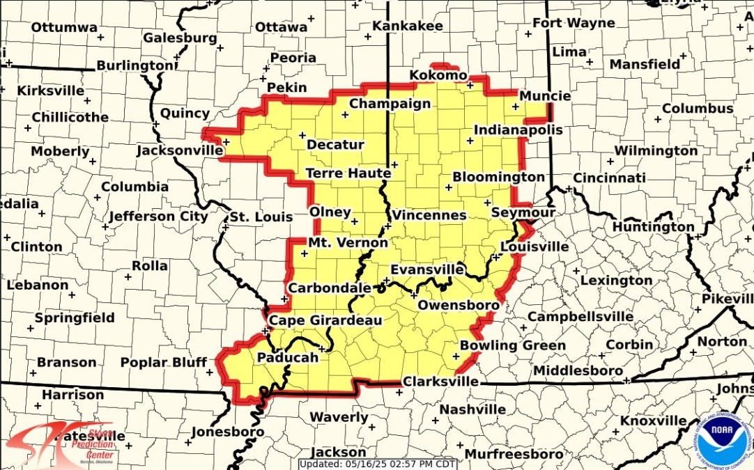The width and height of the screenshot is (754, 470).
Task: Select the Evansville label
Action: click(427, 269)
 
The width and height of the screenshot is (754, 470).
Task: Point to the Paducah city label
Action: click(288, 357)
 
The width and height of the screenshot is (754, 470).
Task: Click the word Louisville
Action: click(534, 246)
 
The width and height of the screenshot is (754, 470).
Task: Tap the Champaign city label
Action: click(390, 104)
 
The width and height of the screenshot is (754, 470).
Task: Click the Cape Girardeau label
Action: click(325, 320)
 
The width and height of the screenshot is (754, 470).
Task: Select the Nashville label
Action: click(472, 409)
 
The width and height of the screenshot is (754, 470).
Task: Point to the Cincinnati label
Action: click(610, 178)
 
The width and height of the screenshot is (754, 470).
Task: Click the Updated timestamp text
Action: click(379, 464)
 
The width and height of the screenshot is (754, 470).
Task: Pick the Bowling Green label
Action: click(512, 345)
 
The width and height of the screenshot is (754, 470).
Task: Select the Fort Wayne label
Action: click(574, 23)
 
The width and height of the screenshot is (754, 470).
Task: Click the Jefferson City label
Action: click(158, 217)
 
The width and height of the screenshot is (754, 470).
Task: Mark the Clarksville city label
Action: click(441, 382)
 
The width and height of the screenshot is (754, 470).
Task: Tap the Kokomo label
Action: click(438, 75)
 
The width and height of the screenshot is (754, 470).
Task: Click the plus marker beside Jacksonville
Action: click(226, 141)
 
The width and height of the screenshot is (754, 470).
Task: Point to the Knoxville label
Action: click(653, 421)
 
